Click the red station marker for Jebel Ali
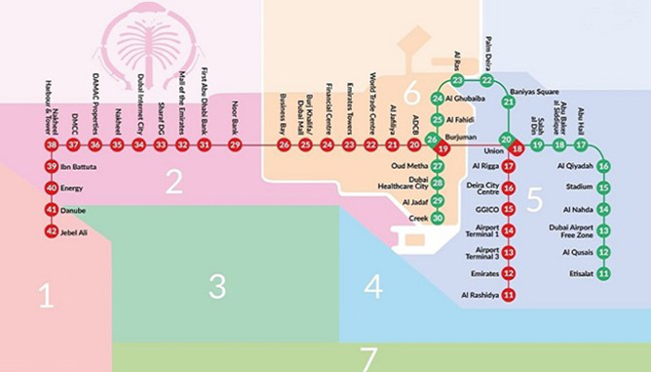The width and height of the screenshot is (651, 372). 51,231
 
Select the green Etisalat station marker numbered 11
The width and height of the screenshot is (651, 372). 603,273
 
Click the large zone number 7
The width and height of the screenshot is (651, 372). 368,358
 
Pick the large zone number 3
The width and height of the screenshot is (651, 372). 216,286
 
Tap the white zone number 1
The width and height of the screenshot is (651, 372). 46,294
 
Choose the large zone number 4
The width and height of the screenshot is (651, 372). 373,287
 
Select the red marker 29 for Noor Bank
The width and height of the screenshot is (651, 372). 235,145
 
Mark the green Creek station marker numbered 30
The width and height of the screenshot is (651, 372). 438,219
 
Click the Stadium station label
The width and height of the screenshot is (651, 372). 579,186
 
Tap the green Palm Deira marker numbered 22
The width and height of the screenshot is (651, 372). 486,80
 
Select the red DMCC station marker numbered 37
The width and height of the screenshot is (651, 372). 74,145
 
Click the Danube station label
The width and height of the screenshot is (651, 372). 74,210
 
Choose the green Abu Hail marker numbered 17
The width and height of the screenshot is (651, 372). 581,145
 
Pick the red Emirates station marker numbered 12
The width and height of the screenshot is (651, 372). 508,273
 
